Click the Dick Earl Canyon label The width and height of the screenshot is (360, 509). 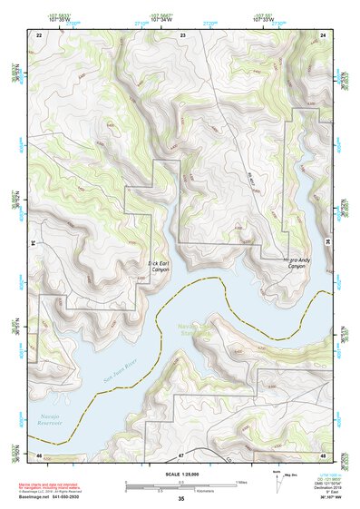click(159, 265)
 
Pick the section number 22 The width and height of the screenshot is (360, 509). click(39, 34)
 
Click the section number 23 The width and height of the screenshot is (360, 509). click(183, 34)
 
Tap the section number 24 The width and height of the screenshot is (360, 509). click(323, 34)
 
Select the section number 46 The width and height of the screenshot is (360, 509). click(39, 454)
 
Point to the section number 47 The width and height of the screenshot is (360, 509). click(181, 454)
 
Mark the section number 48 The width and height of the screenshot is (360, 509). click(323, 454)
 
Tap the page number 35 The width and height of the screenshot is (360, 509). click(180, 499)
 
